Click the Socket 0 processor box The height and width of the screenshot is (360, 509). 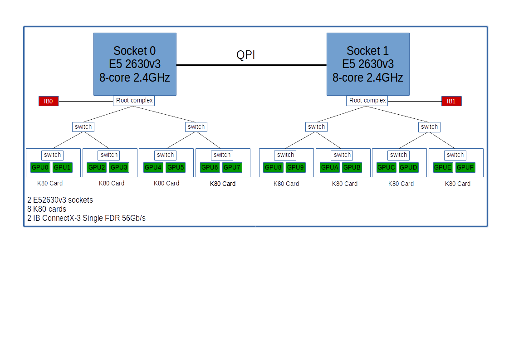pyautogui.click(x=135, y=64)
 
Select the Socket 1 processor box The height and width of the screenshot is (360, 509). pyautogui.click(x=368, y=64)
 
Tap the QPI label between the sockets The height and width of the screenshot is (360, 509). pyautogui.click(x=246, y=55)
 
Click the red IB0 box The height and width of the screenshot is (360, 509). pyautogui.click(x=49, y=101)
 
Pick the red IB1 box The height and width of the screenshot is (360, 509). pyautogui.click(x=451, y=101)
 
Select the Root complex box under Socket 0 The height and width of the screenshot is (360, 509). pyautogui.click(x=134, y=100)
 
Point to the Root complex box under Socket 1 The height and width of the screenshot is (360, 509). pyautogui.click(x=367, y=100)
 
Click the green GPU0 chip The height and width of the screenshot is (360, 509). pyautogui.click(x=40, y=167)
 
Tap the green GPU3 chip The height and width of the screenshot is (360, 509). pyautogui.click(x=119, y=167)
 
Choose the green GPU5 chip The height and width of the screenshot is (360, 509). pyautogui.click(x=175, y=167)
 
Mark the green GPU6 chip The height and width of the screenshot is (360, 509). pyautogui.click(x=210, y=167)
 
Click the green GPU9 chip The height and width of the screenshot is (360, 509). pyautogui.click(x=295, y=167)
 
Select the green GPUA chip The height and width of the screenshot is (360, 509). pyautogui.click(x=330, y=167)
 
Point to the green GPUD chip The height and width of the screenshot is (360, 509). pyautogui.click(x=408, y=167)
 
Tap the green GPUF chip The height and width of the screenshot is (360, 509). pyautogui.click(x=465, y=167)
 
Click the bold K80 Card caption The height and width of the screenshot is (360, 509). pyautogui.click(x=223, y=184)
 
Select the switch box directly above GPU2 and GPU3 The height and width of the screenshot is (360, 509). pyautogui.click(x=109, y=155)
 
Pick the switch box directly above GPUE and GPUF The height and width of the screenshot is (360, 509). pyautogui.click(x=455, y=155)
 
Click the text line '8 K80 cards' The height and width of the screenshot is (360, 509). pyautogui.click(x=47, y=209)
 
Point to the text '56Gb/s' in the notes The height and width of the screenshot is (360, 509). pyautogui.click(x=135, y=218)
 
